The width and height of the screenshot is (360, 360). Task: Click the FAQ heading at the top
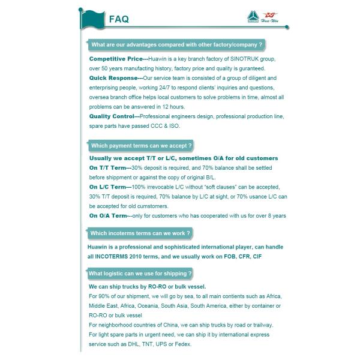119,19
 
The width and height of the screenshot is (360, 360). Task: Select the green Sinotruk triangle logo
253,17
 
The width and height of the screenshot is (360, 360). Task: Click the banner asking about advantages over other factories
176,45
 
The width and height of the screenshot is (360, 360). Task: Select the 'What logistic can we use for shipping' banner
140,274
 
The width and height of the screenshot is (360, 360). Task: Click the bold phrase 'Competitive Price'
115,59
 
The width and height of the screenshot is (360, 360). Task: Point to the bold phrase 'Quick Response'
113,78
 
